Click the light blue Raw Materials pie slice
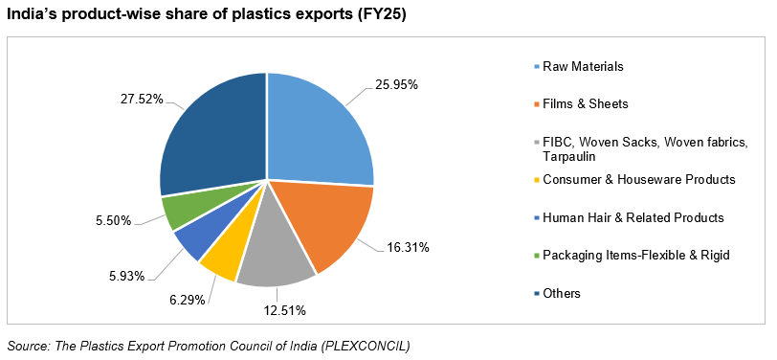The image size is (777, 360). coord(316,129)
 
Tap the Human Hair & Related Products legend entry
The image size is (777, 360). coord(633,217)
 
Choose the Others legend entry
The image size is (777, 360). coord(562,293)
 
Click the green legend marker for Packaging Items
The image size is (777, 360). coord(536,256)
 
